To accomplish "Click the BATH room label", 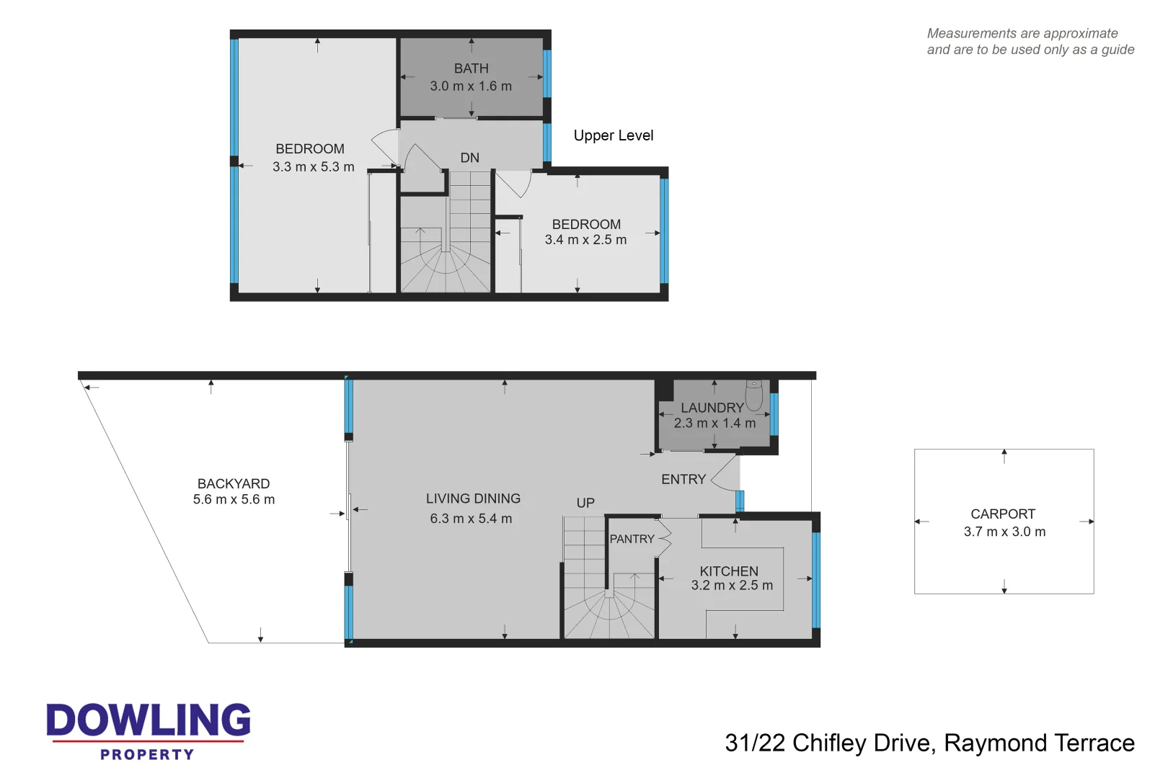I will (x=471, y=68).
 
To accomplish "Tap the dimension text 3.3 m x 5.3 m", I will (x=313, y=167).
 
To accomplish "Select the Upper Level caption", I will (x=613, y=135).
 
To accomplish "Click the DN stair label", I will (x=469, y=158).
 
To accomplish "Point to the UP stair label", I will (x=585, y=503).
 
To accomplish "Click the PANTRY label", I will (x=632, y=539).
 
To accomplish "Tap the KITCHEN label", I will (x=728, y=571).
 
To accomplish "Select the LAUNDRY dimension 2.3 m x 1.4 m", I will (x=714, y=424).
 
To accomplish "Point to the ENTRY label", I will (x=683, y=479).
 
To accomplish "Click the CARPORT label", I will (x=1002, y=514).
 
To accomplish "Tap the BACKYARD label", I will (x=234, y=483).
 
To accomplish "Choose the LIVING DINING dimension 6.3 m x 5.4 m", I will (x=471, y=519).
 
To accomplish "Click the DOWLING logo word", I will (x=149, y=720).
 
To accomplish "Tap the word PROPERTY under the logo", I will (x=147, y=754).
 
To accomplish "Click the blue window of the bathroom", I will (x=547, y=73).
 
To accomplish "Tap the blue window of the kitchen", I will (x=816, y=580).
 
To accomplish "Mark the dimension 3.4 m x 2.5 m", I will (x=585, y=240).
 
